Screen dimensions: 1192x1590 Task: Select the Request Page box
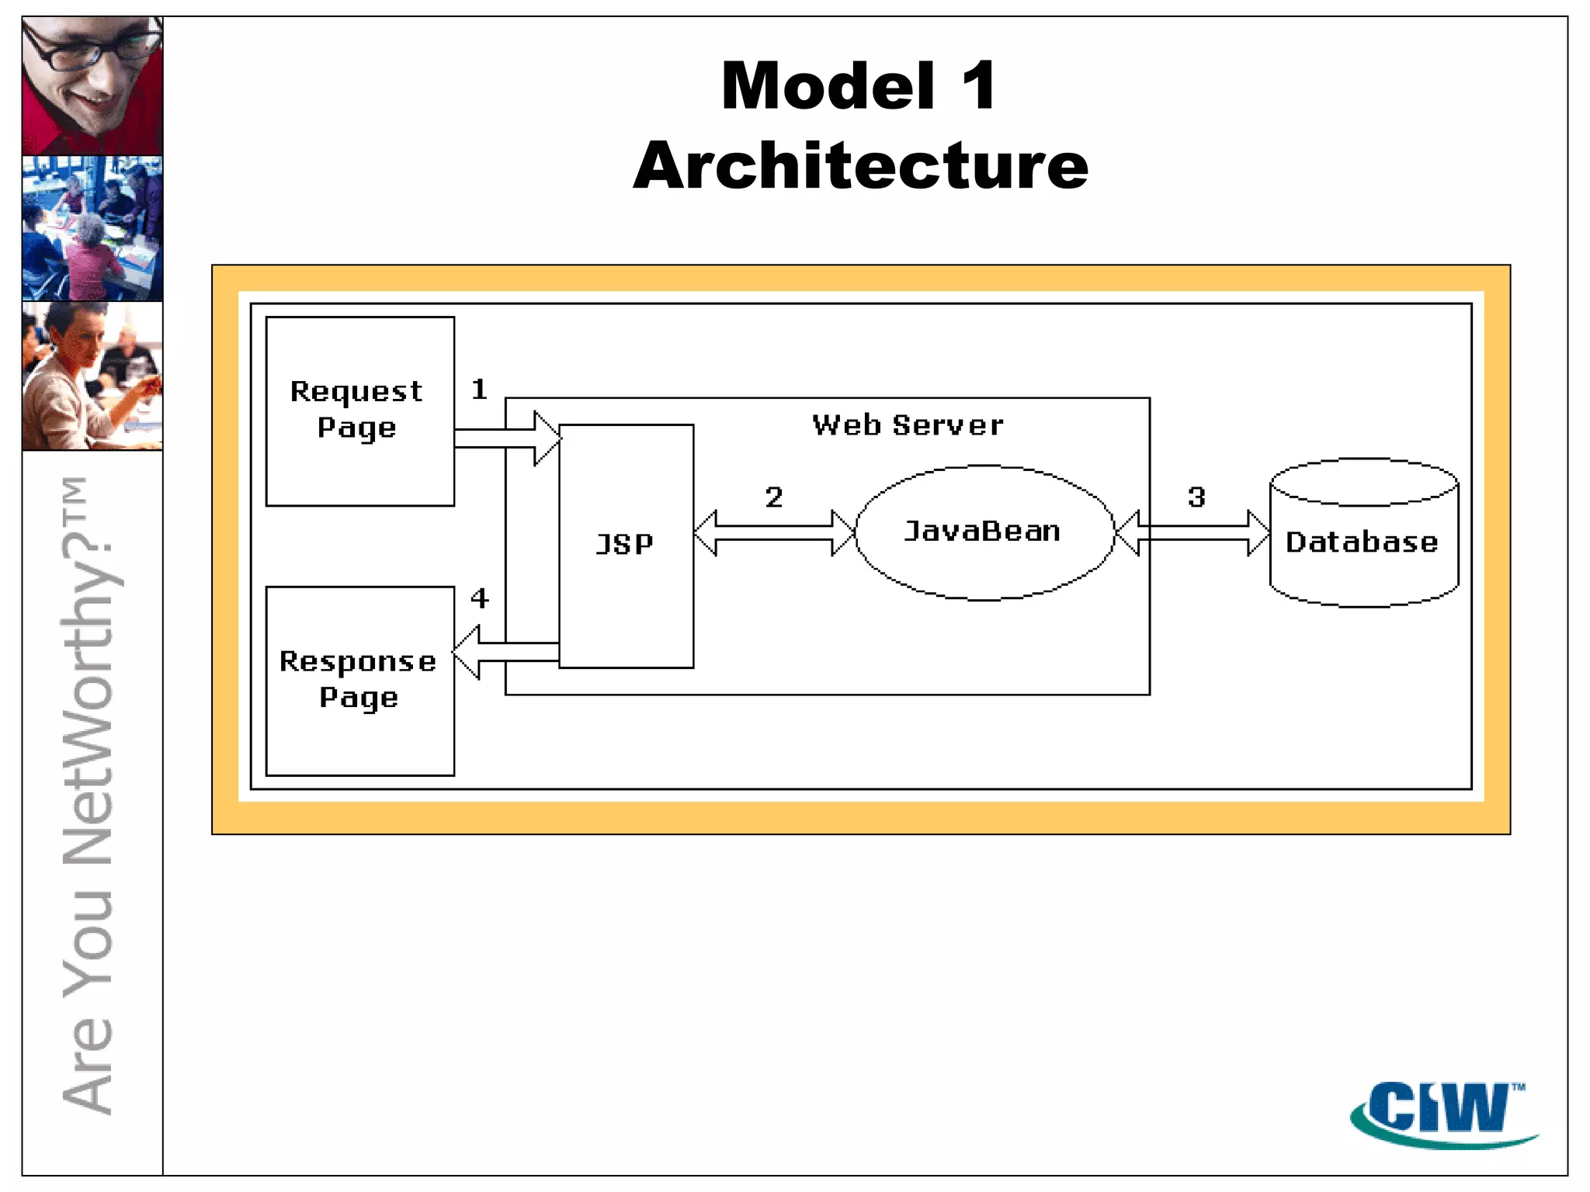pyautogui.click(x=359, y=411)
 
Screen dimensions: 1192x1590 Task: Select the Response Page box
pyautogui.click(x=359, y=681)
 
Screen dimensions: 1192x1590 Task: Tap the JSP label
pyautogui.click(x=625, y=544)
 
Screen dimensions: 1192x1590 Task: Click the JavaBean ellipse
pyautogui.click(x=984, y=532)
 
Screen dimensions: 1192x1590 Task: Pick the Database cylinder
pyautogui.click(x=1363, y=535)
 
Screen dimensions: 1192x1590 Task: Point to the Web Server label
pyautogui.click(x=908, y=425)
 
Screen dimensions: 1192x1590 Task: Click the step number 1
pyautogui.click(x=479, y=389)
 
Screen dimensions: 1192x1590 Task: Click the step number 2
pyautogui.click(x=773, y=497)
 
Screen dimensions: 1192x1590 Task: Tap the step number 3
pyautogui.click(x=1196, y=497)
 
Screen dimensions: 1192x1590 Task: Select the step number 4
pyautogui.click(x=479, y=598)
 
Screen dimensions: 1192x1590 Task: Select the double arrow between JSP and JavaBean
pyautogui.click(x=774, y=532)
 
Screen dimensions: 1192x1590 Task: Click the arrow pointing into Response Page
pyautogui.click(x=505, y=652)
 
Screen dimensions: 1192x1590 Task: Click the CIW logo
pyautogui.click(x=1442, y=1113)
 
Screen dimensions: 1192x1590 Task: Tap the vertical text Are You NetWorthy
pyautogui.click(x=89, y=795)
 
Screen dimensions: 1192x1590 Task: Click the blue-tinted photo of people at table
pyautogui.click(x=92, y=228)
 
